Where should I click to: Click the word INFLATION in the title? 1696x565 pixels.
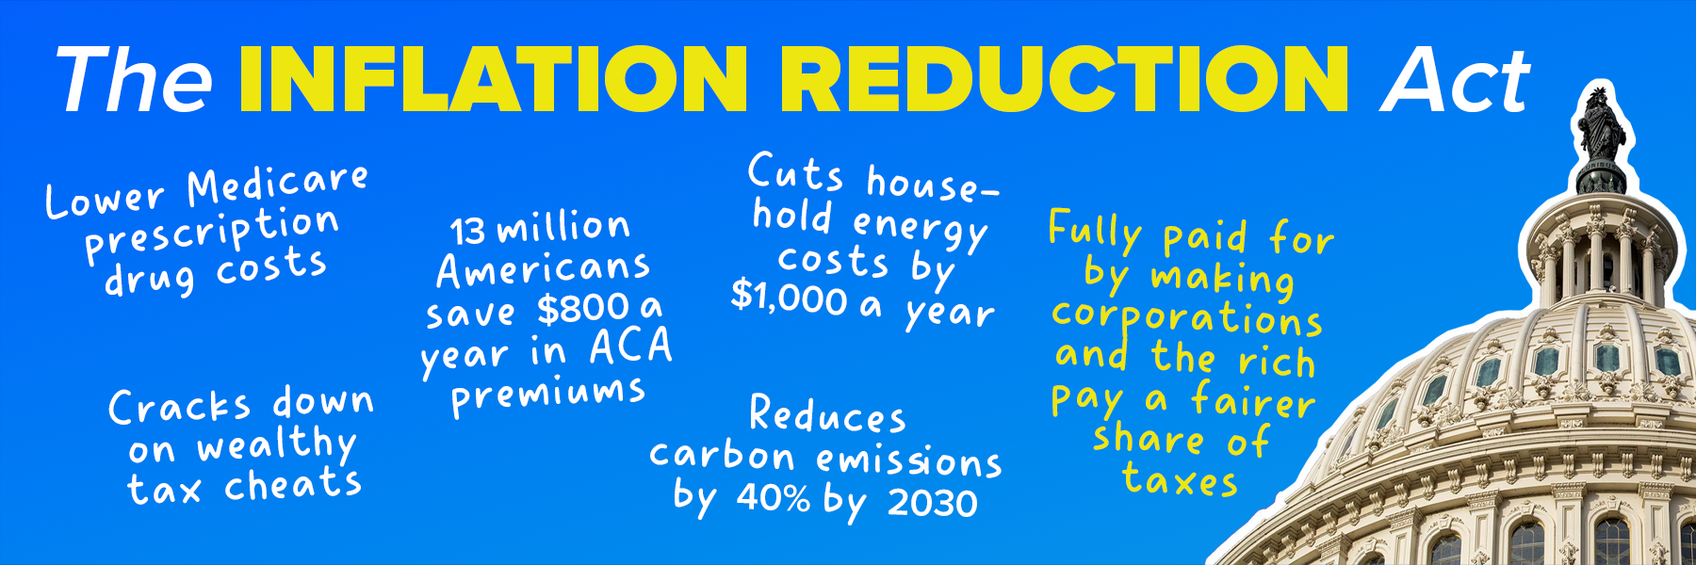tap(495, 79)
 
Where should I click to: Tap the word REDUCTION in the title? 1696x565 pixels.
tap(1065, 79)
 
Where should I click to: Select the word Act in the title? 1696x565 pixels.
tap(1456, 80)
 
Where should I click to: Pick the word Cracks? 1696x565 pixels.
tap(179, 407)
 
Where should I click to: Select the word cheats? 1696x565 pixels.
tap(293, 484)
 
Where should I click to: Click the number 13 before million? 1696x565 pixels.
tap(467, 231)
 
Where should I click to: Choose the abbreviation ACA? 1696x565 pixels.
tap(630, 347)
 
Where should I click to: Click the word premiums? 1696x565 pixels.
tap(548, 395)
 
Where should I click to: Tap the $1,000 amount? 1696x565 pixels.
tap(790, 298)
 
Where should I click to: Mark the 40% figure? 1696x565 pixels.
tap(773, 497)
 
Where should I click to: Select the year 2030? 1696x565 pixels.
tap(932, 503)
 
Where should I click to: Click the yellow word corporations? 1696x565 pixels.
tap(1187, 318)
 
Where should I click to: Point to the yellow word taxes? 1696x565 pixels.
tap(1180, 480)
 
